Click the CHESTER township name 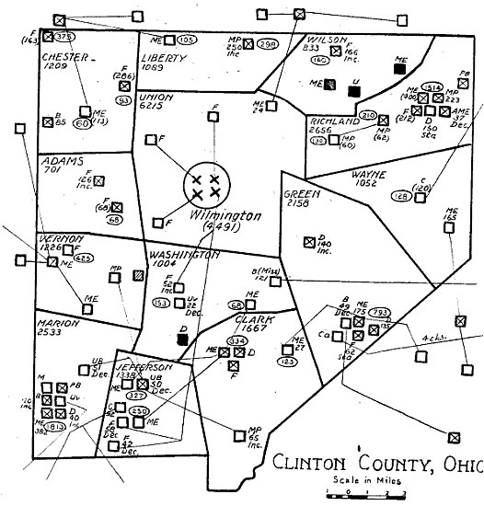click(64, 56)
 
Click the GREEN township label click(298, 195)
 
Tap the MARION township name click(57, 324)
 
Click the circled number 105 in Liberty click(185, 40)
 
